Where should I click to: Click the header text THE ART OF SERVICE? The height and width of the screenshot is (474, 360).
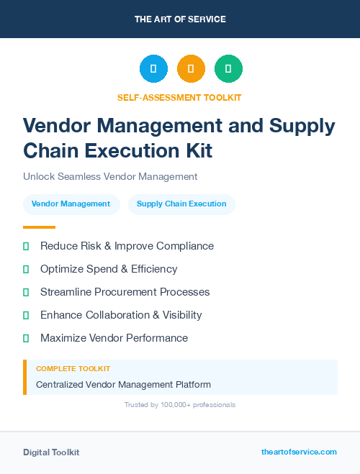pos(180,19)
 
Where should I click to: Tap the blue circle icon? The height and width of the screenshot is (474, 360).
pos(153,68)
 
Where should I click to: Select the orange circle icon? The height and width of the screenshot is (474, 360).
pos(191,68)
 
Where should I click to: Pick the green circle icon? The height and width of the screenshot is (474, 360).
pos(228,68)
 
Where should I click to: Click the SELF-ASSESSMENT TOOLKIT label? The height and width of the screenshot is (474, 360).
pos(180,97)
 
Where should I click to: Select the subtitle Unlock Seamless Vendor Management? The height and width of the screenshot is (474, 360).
pos(110,176)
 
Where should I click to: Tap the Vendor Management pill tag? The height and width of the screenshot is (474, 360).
pos(71,204)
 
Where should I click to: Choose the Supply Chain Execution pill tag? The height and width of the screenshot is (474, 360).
pos(181,204)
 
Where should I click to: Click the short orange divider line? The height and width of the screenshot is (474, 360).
pos(39,227)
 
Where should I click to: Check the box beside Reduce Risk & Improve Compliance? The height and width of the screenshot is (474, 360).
pos(26,246)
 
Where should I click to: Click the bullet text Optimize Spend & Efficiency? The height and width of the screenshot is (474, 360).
pos(109,269)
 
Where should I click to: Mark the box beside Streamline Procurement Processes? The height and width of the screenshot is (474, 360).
pos(26,292)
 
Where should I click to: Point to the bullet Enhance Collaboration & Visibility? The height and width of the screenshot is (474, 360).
pos(121,315)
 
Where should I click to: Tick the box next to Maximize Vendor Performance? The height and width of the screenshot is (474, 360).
pos(26,338)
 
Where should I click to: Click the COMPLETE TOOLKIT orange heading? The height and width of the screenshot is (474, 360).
pos(73,368)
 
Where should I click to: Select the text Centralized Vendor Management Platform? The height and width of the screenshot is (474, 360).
pos(123,385)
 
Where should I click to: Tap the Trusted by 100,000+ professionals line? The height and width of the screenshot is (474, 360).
pos(180,405)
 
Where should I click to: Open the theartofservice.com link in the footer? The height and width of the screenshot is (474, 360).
pos(299,452)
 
